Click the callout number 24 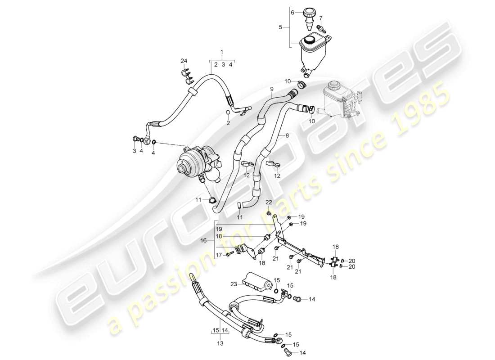pyautogui.click(x=184, y=61)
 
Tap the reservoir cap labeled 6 pyautogui.click(x=309, y=14)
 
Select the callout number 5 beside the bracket pyautogui.click(x=280, y=27)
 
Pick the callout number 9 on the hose pyautogui.click(x=272, y=89)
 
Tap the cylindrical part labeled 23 pyautogui.click(x=257, y=281)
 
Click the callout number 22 pyautogui.click(x=269, y=202)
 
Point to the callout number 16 pyautogui.click(x=203, y=241)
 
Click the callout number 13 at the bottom pyautogui.click(x=220, y=343)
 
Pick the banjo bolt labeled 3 pyautogui.click(x=135, y=138)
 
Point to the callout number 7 pyautogui.click(x=321, y=18)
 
